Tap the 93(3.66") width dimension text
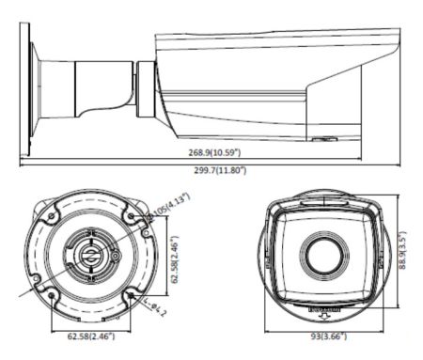pos(328,335)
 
